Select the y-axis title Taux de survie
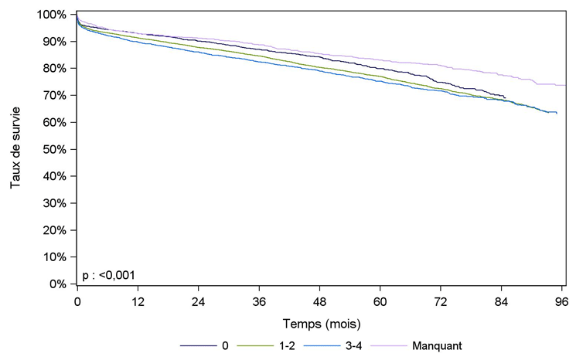(15, 149)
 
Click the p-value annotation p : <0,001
(108, 274)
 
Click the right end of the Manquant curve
(566, 85)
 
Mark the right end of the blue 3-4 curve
(557, 114)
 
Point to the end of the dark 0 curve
(506, 98)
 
